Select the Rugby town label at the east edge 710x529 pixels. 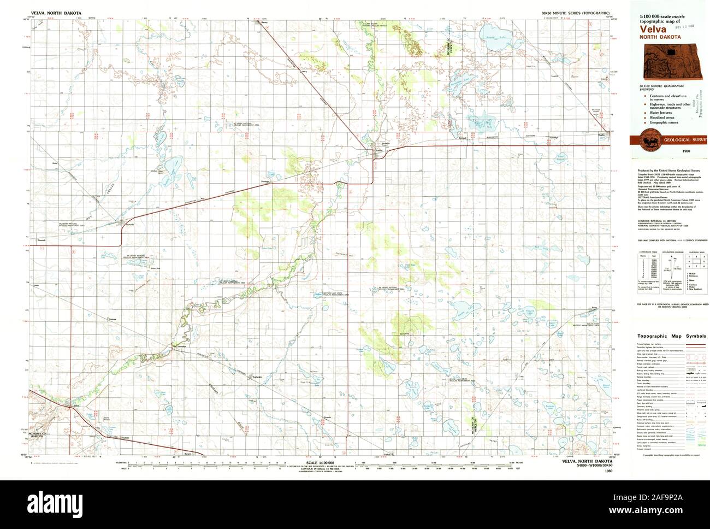point(602,133)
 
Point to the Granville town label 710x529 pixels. point(129,224)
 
